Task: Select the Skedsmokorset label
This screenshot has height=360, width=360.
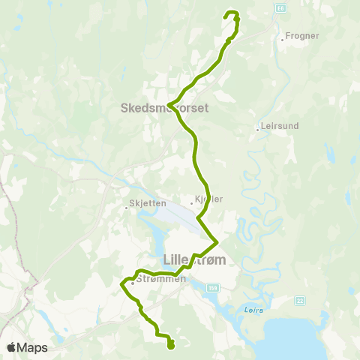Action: [164, 108]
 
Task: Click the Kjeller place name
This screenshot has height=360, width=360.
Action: [209, 199]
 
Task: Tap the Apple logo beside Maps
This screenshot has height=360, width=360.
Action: [12, 347]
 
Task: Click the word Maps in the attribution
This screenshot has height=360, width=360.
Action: [33, 347]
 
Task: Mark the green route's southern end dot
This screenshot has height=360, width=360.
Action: [171, 345]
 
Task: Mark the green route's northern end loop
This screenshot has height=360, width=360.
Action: [232, 14]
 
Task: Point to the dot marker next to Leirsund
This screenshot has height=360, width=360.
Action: [256, 129]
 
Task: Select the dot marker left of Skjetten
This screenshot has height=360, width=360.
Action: [126, 209]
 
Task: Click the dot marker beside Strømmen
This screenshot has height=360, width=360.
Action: [132, 283]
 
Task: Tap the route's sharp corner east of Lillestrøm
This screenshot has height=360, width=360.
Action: [217, 241]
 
